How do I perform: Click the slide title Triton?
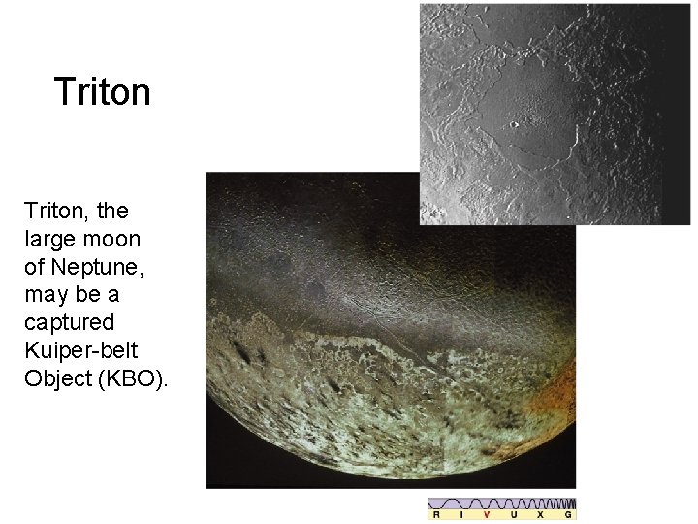point(103,92)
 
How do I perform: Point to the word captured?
point(70,322)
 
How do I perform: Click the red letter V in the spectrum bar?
point(487,515)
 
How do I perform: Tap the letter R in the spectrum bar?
point(435,515)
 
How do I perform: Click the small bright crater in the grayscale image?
point(513,124)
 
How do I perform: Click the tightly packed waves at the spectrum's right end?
point(565,504)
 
